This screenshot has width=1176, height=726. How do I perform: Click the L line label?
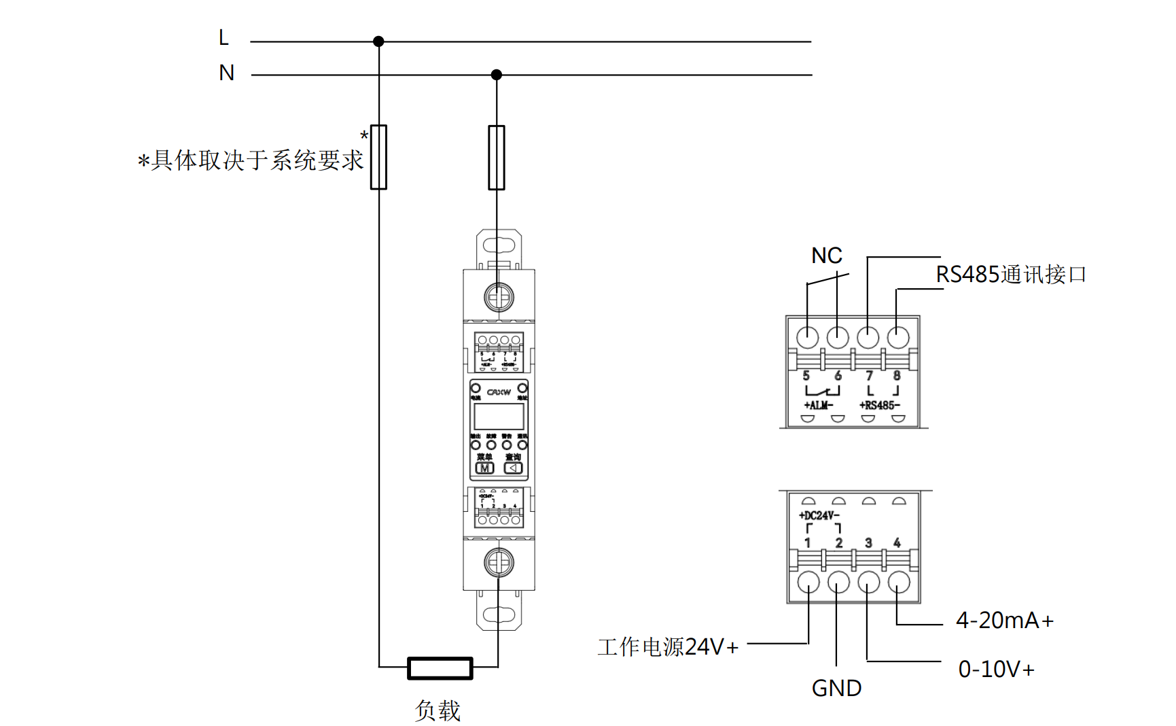[224, 38]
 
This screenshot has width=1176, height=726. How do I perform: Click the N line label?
[226, 73]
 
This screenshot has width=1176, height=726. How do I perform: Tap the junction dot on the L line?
[378, 41]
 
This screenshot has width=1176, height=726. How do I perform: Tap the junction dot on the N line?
[497, 75]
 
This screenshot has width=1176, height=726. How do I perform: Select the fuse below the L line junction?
[378, 157]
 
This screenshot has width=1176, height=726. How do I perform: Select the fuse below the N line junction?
[497, 157]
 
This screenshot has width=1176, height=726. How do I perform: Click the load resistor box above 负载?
[440, 668]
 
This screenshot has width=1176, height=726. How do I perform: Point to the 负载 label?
[438, 711]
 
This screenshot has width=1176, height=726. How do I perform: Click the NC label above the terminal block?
[826, 256]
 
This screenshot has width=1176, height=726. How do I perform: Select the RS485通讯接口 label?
[1011, 275]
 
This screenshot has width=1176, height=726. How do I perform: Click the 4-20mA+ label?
[1004, 621]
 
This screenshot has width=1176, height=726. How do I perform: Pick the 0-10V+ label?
[996, 670]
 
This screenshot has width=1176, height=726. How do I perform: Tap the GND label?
[836, 689]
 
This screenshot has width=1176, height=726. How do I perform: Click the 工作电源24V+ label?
[668, 647]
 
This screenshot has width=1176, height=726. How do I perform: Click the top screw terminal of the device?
[499, 297]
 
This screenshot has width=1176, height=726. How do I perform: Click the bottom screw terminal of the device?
[499, 562]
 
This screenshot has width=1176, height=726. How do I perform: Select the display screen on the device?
[499, 416]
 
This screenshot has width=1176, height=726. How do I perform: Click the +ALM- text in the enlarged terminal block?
[818, 405]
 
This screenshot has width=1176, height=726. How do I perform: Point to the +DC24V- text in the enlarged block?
[819, 515]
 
